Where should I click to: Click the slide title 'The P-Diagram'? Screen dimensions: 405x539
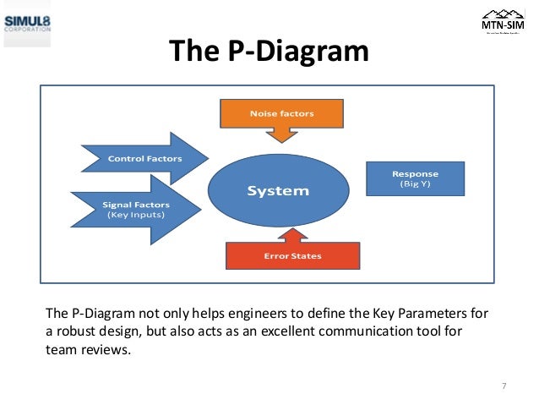[269, 52]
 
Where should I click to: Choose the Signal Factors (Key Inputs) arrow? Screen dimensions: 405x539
[136, 209]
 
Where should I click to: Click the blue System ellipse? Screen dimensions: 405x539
[278, 191]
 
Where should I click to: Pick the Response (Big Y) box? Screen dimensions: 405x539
[415, 179]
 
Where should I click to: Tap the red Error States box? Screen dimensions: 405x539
[292, 254]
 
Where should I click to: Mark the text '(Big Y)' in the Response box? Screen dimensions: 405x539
[415, 184]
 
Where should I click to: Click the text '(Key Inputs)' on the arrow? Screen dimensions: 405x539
[135, 215]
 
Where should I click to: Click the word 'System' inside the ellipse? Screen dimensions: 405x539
[278, 191]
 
